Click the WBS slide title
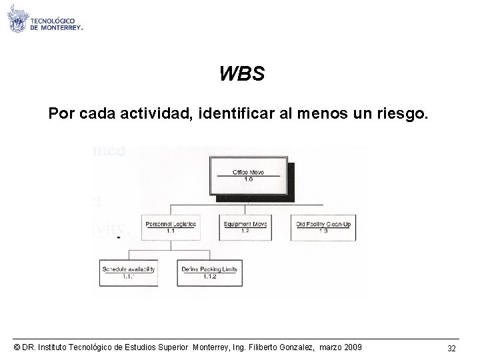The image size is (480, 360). click(x=242, y=73)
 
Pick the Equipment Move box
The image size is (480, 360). click(x=245, y=227)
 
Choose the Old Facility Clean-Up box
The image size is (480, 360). click(x=323, y=227)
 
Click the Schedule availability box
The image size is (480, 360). click(x=129, y=272)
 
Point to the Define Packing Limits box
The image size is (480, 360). click(x=209, y=272)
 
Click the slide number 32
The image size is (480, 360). click(x=451, y=348)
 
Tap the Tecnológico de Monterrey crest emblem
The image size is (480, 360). click(x=18, y=21)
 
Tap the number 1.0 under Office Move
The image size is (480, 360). click(x=247, y=179)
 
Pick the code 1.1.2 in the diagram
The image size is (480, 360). click(x=209, y=277)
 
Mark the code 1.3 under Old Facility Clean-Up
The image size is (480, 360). click(x=323, y=231)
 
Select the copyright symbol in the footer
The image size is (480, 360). click(x=16, y=347)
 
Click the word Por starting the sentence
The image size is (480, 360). click(x=61, y=115)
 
